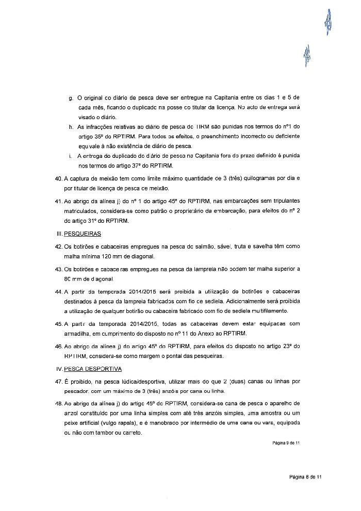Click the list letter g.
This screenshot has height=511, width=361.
click(71, 98)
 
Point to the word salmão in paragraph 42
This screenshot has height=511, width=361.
click(204, 246)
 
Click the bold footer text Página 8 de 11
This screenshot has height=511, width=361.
click(305, 477)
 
